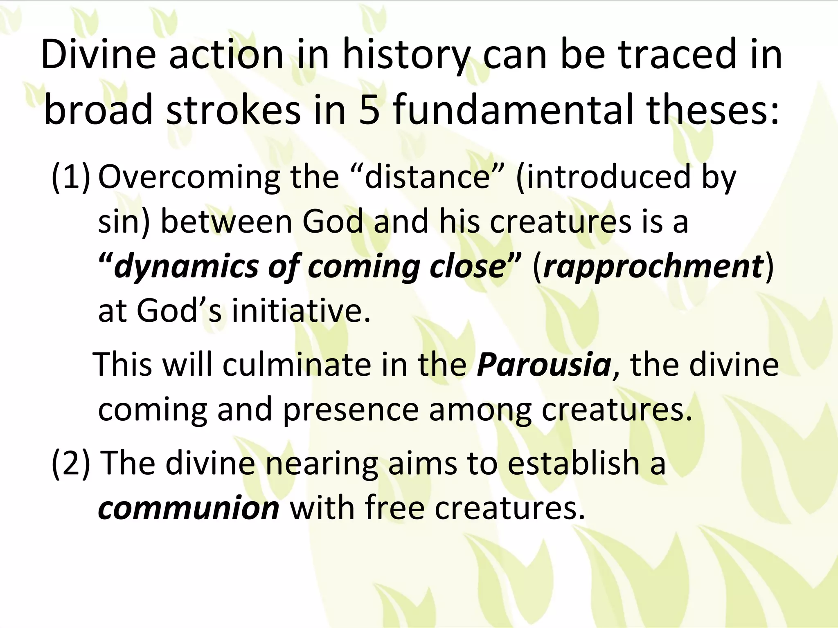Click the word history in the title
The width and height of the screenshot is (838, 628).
[x=405, y=55]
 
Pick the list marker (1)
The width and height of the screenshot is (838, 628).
[x=70, y=177]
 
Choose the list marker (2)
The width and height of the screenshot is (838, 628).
[x=70, y=464]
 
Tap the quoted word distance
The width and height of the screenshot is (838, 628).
[x=427, y=177]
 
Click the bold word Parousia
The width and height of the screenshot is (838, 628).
[x=544, y=365]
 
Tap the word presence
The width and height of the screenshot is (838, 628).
[x=351, y=410]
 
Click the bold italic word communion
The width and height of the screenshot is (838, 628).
[x=189, y=508]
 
